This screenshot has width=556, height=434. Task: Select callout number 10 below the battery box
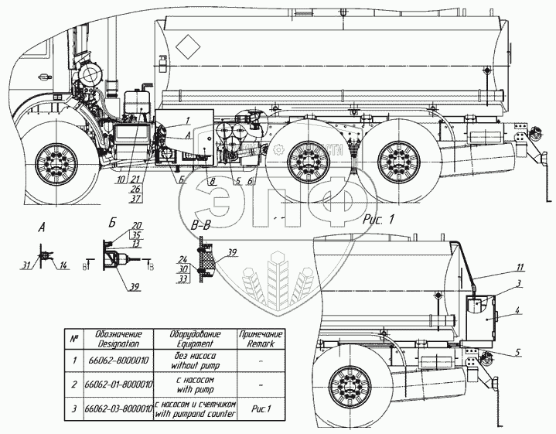point(121,179)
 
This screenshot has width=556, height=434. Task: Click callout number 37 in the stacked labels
point(136,199)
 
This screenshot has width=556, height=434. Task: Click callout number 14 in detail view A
point(63,265)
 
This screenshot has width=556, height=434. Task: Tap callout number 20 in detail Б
point(136,226)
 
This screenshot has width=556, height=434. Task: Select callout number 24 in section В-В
point(181,259)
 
